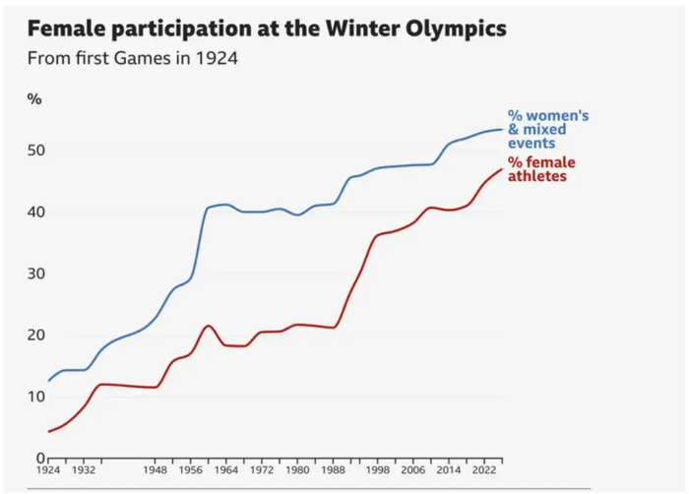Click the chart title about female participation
point(268,28)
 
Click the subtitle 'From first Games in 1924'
point(133,57)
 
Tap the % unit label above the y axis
point(34,98)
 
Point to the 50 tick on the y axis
point(36,151)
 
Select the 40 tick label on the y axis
point(36,213)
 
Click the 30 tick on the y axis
point(36,274)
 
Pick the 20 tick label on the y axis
point(36,336)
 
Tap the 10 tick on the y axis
point(36,397)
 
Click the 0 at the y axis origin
point(40,458)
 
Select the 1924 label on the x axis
point(47,470)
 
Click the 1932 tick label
point(83,470)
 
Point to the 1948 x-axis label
point(155,470)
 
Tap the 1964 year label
point(226,470)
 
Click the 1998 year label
point(378,470)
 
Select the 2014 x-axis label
point(449,470)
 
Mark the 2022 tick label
point(484,470)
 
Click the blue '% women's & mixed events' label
point(547,129)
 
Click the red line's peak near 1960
point(208,326)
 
